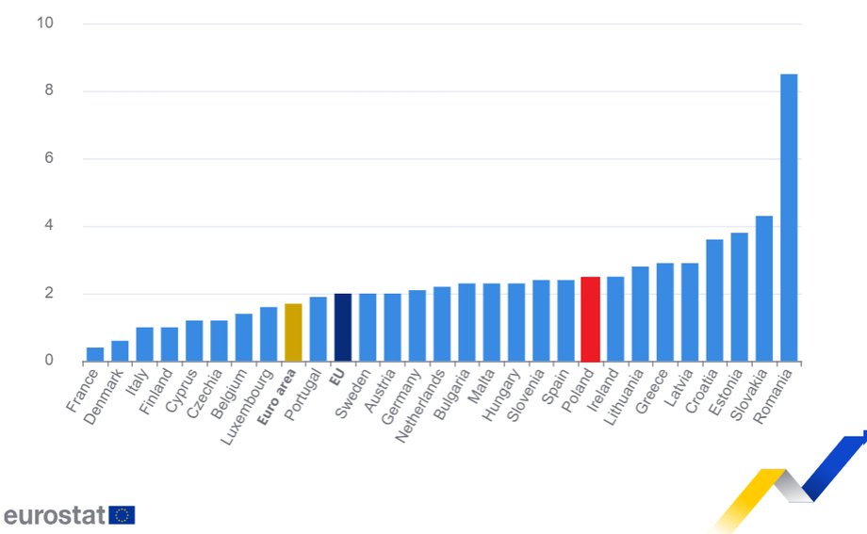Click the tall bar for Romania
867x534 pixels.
(x=789, y=218)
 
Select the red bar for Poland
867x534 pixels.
(x=590, y=319)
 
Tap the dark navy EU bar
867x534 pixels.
(x=343, y=328)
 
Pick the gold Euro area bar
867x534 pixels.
(x=293, y=332)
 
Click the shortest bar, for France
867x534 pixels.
(x=95, y=354)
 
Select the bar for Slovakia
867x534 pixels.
(x=763, y=288)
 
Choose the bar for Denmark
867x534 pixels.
(x=120, y=350)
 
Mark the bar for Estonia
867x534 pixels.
(x=739, y=297)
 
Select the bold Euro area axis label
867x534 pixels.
(x=278, y=399)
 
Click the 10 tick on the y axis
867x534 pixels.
(x=44, y=23)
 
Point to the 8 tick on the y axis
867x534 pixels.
(x=47, y=91)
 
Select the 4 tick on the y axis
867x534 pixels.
(x=47, y=226)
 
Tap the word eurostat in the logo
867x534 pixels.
(x=55, y=515)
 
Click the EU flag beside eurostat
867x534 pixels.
(x=123, y=515)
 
